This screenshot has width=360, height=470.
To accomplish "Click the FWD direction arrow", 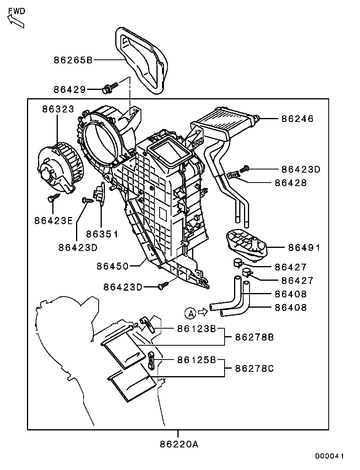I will point(16,21).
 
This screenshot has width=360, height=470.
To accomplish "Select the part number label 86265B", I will point(73,60).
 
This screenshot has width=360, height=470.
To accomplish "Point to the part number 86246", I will point(297,118).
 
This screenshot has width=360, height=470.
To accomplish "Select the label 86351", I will point(103,234).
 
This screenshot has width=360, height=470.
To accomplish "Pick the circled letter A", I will point(190,314).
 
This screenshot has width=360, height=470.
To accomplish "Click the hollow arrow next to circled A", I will point(203,312).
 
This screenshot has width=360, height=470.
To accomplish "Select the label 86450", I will point(112,266).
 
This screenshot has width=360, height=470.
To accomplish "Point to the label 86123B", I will point(196,328).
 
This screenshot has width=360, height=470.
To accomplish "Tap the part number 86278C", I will point(254,369).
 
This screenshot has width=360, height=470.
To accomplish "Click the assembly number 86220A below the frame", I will point(179,444).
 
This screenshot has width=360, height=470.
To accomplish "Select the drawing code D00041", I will point(330,456).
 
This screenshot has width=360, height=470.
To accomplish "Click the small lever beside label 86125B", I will point(151,359).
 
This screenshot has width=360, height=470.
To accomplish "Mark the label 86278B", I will point(254,337).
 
